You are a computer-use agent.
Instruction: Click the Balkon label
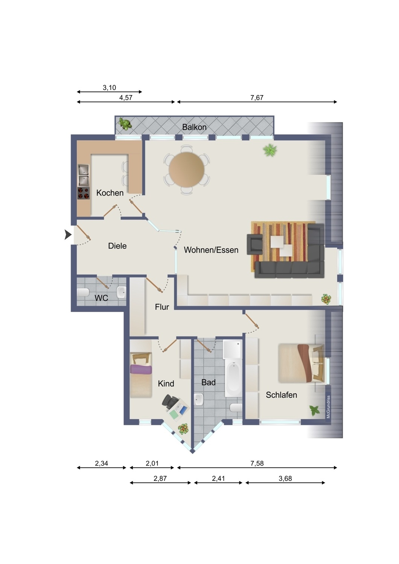pyautogui.click(x=194, y=127)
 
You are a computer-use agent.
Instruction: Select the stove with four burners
pyautogui.click(x=84, y=193)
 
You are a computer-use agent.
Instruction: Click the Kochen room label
pyautogui.click(x=110, y=193)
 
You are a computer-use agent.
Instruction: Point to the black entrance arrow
pyautogui.click(x=68, y=235)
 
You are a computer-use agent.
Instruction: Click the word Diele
pyautogui.click(x=117, y=246)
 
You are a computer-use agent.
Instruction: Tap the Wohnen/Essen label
pyautogui.click(x=211, y=250)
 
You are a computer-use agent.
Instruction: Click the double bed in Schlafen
pyautogui.click(x=301, y=364)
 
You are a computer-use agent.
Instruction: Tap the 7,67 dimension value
pyautogui.click(x=257, y=98)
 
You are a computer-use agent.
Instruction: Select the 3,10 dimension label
pyautogui.click(x=110, y=88)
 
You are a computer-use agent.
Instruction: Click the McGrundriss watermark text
pyautogui.click(x=328, y=407)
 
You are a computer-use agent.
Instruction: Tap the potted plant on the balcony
pyautogui.click(x=125, y=124)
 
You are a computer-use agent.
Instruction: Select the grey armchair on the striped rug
pyautogui.click(x=255, y=244)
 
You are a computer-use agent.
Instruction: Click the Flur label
pyautogui.click(x=162, y=307)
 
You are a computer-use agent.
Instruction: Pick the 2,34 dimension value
pyautogui.click(x=101, y=463)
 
